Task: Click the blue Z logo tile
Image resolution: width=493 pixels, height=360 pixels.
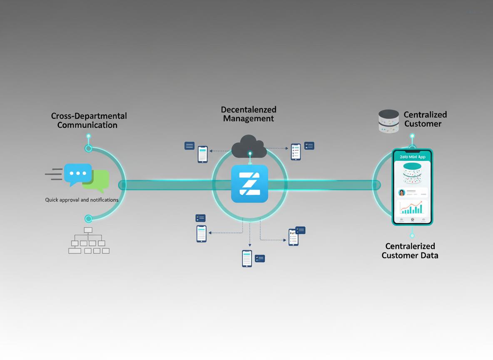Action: point(249,184)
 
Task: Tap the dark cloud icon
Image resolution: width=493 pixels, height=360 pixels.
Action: point(249,146)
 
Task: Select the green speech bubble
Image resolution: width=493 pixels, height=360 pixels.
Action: point(99,179)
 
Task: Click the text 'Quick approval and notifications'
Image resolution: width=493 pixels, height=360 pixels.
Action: point(82,200)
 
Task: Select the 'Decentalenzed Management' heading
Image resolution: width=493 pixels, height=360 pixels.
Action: point(249,114)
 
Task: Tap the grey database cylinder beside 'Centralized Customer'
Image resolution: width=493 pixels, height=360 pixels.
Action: point(389,121)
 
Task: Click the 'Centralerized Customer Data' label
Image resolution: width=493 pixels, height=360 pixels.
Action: point(410,251)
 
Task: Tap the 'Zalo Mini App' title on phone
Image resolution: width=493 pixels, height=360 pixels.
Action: point(412,157)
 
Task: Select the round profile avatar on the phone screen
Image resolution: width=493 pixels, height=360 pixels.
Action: point(401,192)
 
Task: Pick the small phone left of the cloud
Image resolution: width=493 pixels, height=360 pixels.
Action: point(203,154)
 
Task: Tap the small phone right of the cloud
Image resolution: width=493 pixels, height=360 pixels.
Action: point(296,152)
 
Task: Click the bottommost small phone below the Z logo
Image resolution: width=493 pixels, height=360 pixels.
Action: point(247,258)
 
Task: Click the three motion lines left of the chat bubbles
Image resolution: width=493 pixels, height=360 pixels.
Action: point(54,174)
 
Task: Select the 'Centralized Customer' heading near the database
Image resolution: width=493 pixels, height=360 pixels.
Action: point(425,119)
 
